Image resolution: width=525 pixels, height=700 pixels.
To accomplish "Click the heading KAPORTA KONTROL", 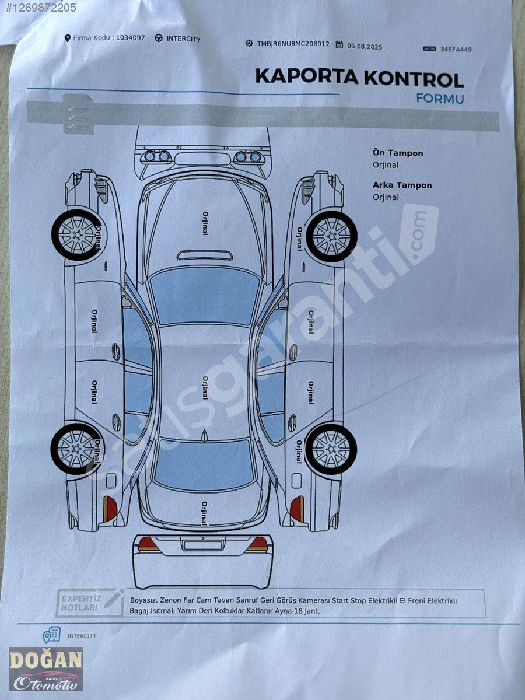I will (x=359, y=78).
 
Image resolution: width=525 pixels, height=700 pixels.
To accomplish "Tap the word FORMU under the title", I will (x=440, y=99).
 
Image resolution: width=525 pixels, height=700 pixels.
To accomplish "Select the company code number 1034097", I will (x=131, y=38).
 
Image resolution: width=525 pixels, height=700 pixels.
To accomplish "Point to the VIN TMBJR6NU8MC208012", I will (x=293, y=44).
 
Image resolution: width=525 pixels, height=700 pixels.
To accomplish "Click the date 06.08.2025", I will (x=365, y=46).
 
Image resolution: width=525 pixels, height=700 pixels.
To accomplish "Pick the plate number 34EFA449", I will (x=456, y=50).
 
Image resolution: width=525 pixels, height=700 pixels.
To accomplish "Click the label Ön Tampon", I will (x=398, y=153).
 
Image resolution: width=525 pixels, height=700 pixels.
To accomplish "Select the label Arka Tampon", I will (x=402, y=185).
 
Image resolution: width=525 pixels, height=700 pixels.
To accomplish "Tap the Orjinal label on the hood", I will (x=205, y=223).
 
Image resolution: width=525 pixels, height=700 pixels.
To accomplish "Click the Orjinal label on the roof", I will (x=205, y=387).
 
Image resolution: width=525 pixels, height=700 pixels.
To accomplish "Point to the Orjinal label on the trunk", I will (x=204, y=513).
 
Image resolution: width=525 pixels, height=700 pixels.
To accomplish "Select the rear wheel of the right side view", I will (x=331, y=449).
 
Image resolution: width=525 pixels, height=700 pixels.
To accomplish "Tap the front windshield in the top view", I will (x=204, y=296).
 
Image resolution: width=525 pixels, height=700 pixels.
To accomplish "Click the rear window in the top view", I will (x=204, y=464).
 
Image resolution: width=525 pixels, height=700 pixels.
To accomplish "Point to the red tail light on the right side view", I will (x=297, y=508).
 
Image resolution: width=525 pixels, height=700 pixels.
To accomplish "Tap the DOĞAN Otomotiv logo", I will (x=46, y=669).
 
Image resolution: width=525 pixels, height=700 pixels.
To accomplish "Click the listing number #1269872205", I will (x=38, y=8).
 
